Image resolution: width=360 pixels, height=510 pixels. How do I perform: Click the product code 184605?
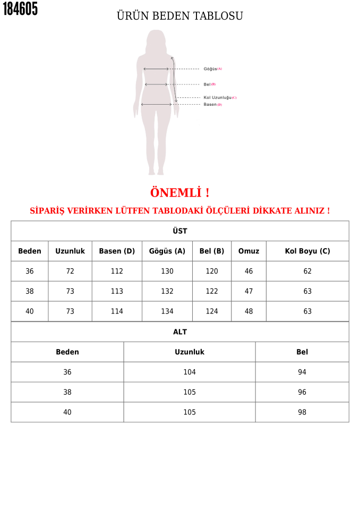point(21,9)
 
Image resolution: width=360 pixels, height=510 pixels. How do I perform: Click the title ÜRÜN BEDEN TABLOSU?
point(179,16)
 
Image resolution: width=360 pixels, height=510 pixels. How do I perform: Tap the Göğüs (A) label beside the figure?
point(212,69)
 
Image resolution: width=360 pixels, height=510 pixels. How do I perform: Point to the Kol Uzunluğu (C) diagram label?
point(220,98)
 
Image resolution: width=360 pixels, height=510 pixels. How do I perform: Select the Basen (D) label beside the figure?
point(212,105)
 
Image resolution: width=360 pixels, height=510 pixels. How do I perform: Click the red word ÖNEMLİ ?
point(179,193)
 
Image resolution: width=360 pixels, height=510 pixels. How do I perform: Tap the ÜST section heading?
point(179,231)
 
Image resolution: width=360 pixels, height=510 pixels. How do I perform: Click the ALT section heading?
point(179,332)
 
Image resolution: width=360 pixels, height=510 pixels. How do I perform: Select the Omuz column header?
point(248,251)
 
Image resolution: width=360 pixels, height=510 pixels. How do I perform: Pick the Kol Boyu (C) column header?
point(307,251)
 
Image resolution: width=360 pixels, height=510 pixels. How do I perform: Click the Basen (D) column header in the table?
point(117,251)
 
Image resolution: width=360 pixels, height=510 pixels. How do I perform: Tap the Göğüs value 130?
point(167,271)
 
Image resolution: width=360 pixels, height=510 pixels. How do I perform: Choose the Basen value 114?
point(117,312)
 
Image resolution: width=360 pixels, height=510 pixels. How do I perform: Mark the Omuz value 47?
point(248,292)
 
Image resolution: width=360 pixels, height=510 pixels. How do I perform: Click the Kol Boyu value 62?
point(307,271)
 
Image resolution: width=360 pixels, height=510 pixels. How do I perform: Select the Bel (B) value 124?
point(212,312)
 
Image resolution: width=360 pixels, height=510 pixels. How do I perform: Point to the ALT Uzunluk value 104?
point(190,372)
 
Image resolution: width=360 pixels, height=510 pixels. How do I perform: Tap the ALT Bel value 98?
point(302,413)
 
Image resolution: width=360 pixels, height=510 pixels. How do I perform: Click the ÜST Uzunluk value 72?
point(70,271)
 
